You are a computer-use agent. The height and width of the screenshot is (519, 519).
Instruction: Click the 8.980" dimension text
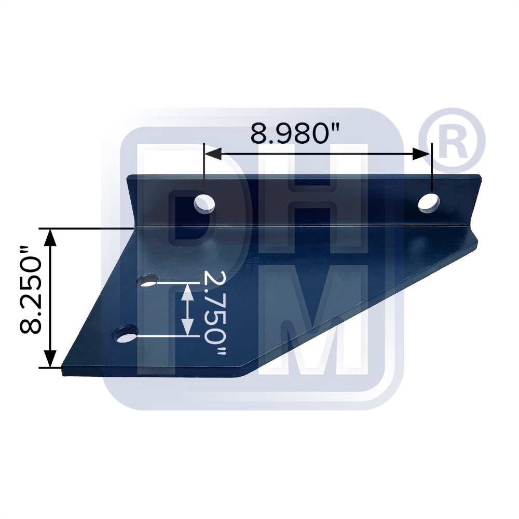(294, 133)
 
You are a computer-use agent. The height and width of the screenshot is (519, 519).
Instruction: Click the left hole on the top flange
(205, 203)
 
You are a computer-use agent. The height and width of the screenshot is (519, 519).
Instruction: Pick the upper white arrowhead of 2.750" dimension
(187, 291)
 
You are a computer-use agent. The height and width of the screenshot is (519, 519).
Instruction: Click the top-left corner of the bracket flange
(128, 177)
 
